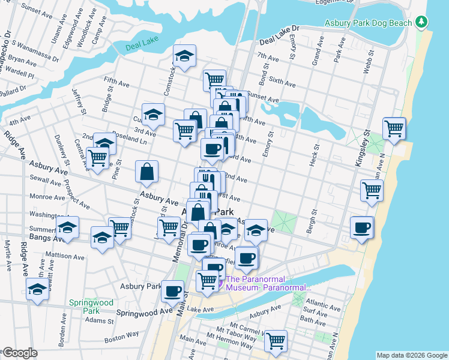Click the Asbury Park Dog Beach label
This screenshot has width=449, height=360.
click(368, 23)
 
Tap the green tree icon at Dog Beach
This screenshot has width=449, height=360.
click(422, 23)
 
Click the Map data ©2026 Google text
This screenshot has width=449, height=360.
click(411, 355)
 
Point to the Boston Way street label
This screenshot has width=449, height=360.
click(121, 338)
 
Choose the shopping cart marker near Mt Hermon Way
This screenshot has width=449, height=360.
click(276, 341)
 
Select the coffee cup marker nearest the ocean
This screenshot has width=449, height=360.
click(362, 227)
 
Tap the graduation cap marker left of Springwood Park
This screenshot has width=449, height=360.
click(37, 291)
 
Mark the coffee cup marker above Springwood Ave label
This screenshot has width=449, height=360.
click(173, 291)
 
